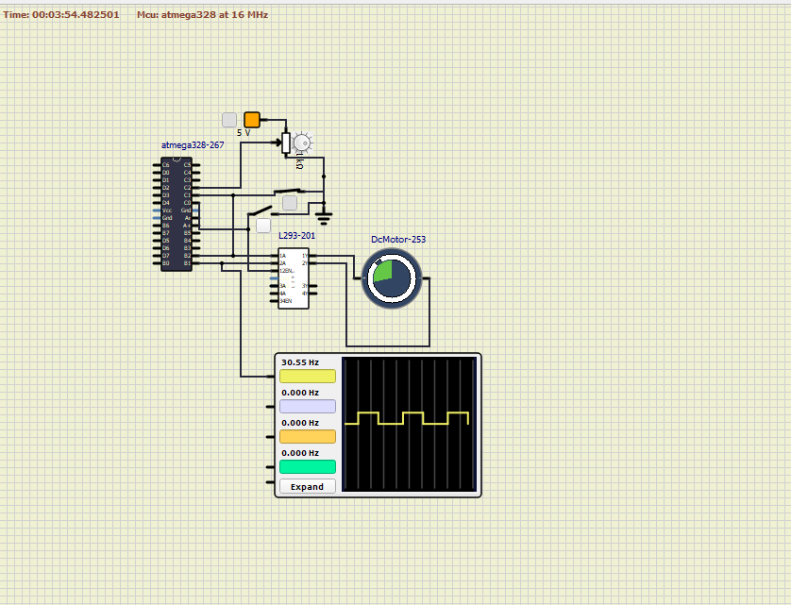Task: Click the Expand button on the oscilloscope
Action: pos(308,487)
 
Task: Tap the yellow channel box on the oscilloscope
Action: pos(308,377)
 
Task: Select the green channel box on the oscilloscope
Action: pos(308,466)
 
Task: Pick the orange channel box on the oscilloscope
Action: pos(308,436)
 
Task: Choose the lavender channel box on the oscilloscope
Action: pos(308,407)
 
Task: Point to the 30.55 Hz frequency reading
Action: pos(300,362)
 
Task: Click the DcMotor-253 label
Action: pos(398,240)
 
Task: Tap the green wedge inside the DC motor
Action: pos(382,271)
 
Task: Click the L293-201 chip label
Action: pos(297,235)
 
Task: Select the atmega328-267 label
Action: pos(193,145)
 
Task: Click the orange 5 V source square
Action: pos(252,120)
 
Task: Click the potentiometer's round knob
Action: pos(302,143)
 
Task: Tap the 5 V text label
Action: pos(244,133)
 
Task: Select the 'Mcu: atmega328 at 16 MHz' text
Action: pos(202,15)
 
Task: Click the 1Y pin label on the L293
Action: pos(304,256)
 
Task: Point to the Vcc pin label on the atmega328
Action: pos(167,210)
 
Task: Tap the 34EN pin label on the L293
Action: pos(284,301)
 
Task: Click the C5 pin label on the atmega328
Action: pos(187,165)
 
